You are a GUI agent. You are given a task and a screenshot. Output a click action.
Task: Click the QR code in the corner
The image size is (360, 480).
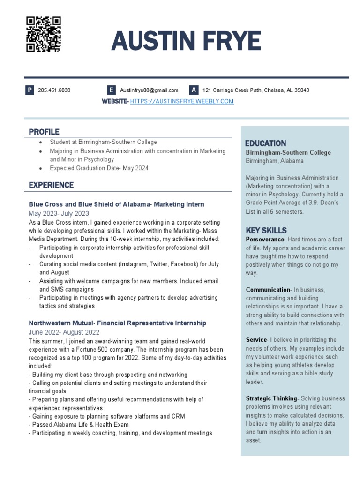[44, 34]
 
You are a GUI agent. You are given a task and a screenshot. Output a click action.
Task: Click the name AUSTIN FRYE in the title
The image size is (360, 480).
[186, 42]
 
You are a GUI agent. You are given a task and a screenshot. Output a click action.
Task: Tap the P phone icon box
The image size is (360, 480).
[30, 90]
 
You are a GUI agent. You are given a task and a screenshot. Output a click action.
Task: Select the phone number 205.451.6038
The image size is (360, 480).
[54, 90]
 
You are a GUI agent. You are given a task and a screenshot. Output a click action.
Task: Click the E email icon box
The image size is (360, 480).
[111, 90]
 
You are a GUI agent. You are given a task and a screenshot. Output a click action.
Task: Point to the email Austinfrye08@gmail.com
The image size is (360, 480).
[149, 90]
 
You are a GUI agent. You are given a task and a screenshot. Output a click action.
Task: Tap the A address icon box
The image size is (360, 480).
[194, 90]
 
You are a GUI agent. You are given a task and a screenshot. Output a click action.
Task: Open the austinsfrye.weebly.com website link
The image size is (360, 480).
[182, 101]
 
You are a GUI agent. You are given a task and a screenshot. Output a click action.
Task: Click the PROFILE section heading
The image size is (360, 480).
[44, 132]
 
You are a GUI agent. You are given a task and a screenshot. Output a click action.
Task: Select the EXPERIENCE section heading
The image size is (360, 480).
[51, 185]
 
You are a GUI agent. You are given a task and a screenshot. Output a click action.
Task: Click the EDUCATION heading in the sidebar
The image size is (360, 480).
[266, 143]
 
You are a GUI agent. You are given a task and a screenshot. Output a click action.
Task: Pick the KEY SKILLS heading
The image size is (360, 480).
[266, 230]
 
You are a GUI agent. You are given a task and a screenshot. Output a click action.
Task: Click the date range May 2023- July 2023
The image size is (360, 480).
[59, 213]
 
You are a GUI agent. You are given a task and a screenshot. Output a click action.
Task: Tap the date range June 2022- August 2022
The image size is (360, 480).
[64, 332]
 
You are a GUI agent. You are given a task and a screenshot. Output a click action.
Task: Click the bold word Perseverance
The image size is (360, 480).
[265, 240]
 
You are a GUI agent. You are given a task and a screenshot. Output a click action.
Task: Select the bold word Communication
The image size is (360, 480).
[268, 290]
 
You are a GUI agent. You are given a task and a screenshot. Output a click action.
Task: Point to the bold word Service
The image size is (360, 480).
[256, 340]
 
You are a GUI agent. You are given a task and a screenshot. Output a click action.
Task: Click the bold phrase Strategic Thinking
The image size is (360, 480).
[271, 398]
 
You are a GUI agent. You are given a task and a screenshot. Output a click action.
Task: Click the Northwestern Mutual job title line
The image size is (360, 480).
[117, 323]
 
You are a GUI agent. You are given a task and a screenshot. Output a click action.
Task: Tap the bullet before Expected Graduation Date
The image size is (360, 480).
[41, 168]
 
